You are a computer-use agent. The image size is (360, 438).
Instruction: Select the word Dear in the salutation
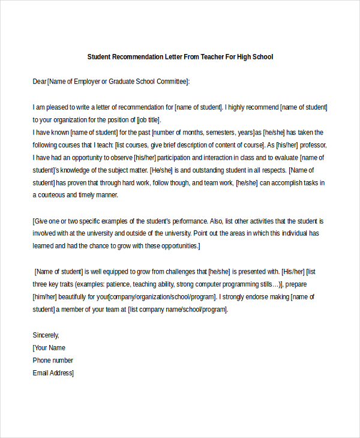tap(40, 81)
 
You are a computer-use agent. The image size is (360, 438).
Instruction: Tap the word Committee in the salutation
tap(170, 81)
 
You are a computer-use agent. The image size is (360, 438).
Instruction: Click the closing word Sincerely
tap(46, 335)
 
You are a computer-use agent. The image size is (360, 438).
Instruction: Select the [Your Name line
tap(49, 347)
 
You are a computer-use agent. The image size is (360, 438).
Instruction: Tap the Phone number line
tap(53, 360)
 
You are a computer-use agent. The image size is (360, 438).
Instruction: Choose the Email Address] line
tap(53, 373)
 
